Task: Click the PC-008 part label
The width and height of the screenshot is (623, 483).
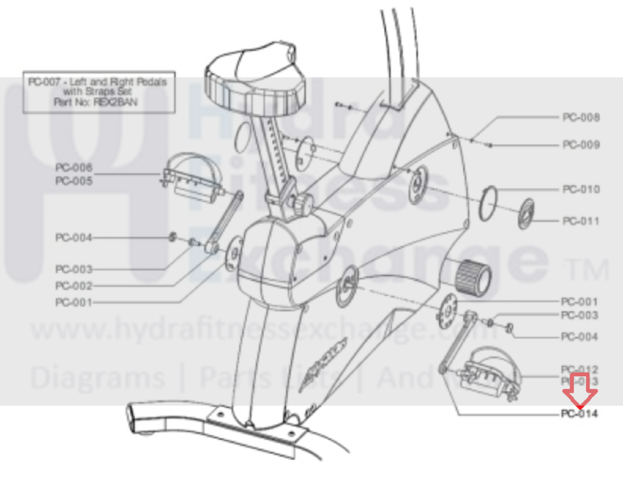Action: (x=581, y=117)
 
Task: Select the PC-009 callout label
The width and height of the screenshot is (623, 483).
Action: (x=581, y=145)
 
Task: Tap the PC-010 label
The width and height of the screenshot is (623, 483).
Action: (x=581, y=189)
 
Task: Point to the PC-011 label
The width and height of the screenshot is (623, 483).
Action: (x=581, y=221)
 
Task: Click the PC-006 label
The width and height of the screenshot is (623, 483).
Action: (x=74, y=167)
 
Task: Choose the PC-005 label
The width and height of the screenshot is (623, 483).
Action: (x=74, y=181)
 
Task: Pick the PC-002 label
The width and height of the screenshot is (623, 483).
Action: (x=74, y=286)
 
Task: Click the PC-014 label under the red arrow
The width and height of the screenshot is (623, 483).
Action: (x=579, y=414)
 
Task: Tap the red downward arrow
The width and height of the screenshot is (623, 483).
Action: (x=580, y=391)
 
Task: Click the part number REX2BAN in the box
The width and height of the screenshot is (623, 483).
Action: (x=116, y=102)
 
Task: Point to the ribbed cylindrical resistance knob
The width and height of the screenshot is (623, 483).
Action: (x=473, y=276)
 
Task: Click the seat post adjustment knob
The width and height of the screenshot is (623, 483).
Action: (x=303, y=204)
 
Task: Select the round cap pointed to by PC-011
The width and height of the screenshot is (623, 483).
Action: (x=526, y=214)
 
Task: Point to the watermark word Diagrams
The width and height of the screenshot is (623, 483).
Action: (x=98, y=378)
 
